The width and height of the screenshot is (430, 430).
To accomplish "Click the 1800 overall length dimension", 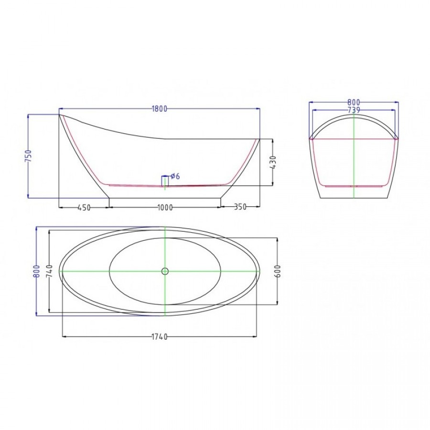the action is [159, 109].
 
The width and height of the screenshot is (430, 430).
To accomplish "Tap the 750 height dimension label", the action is [28, 156].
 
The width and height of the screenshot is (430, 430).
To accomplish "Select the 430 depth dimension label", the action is [273, 162].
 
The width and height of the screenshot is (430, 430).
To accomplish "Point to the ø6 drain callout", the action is [175, 176].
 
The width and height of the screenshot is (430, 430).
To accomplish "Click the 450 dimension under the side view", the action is [84, 208].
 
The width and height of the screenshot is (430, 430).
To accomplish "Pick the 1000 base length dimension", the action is [165, 208].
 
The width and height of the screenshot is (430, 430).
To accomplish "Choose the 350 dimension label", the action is [240, 207].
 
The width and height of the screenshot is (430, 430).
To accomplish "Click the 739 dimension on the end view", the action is [354, 110].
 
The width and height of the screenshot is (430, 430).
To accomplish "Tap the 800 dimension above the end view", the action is [354, 103].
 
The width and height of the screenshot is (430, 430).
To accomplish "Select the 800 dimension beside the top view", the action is [37, 271].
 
